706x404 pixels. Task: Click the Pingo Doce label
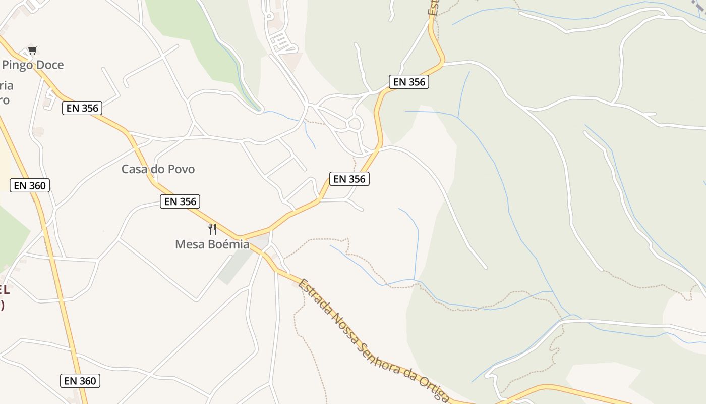tap(33, 65)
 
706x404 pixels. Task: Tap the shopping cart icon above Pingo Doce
tap(33, 50)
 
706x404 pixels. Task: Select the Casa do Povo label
tap(158, 169)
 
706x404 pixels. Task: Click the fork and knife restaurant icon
tap(212, 229)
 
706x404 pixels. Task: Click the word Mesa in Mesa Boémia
tap(188, 244)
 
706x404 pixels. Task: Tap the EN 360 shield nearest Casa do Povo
tap(30, 185)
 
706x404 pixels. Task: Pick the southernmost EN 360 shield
tap(80, 381)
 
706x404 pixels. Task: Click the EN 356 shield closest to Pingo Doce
tap(82, 108)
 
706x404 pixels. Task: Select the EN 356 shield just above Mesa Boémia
tap(180, 201)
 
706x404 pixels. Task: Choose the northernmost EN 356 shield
tap(409, 82)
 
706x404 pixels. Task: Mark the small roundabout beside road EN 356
tap(355, 123)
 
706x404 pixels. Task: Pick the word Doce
tap(50, 65)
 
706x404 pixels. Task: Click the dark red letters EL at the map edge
tap(4, 290)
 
